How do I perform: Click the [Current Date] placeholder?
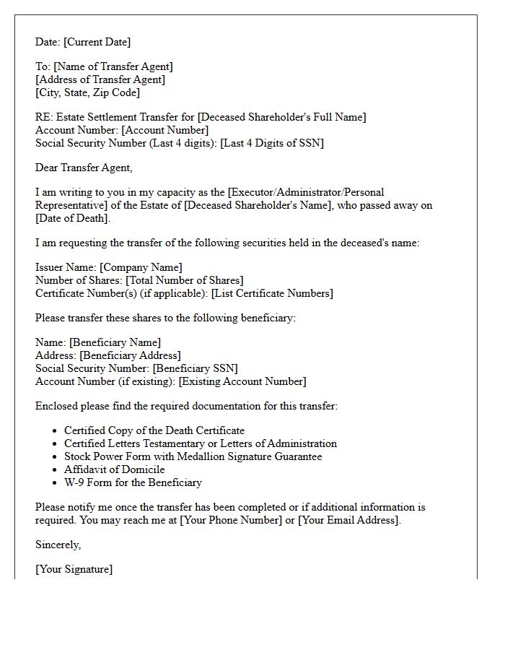pos(98,42)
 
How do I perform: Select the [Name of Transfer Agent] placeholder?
pos(113,66)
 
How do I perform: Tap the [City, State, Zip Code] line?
pos(87,92)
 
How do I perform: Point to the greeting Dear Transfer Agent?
pos(84,168)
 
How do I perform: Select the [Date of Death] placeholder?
pos(72,218)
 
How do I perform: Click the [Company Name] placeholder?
pos(141,267)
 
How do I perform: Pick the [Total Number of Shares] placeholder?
pos(184,280)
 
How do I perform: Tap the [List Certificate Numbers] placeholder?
pos(272,293)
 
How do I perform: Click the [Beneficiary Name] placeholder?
pos(115,342)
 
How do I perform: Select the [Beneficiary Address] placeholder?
pos(130,355)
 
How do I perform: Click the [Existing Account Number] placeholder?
pos(242,381)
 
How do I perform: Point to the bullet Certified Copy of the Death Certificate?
pos(154,430)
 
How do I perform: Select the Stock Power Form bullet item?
pos(193,456)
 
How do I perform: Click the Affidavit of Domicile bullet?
pos(114,469)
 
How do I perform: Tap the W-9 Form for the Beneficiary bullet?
pos(133,482)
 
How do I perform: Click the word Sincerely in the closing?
pos(58,545)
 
